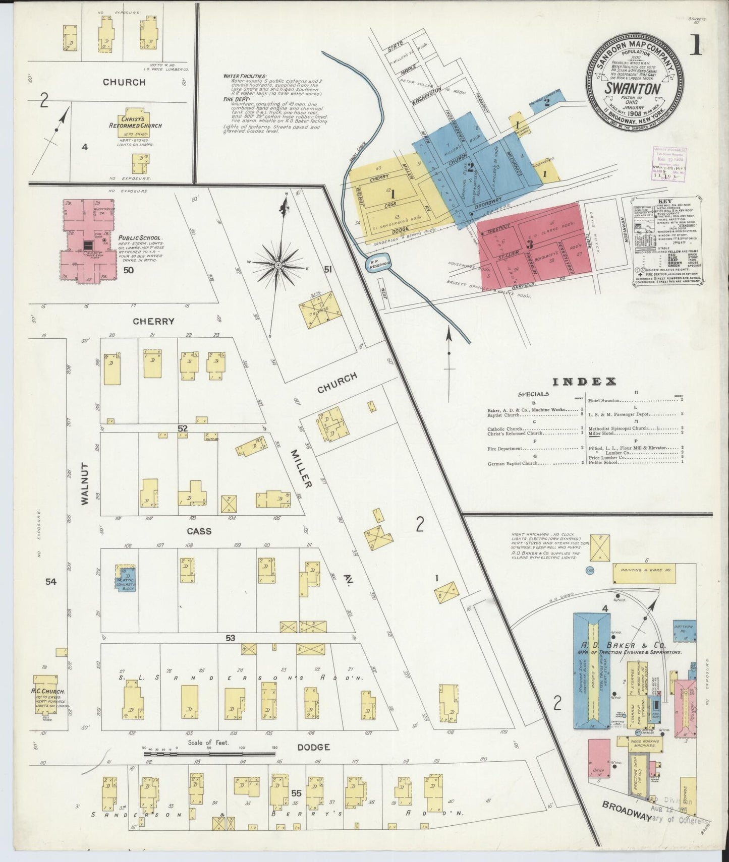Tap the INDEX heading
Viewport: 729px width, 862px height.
pyautogui.click(x=585, y=381)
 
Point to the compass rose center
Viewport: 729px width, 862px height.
pyautogui.click(x=278, y=264)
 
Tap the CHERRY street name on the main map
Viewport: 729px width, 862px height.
pyautogui.click(x=154, y=321)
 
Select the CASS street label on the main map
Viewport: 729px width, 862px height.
pyautogui.click(x=199, y=531)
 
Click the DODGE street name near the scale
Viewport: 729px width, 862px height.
pyautogui.click(x=317, y=747)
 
